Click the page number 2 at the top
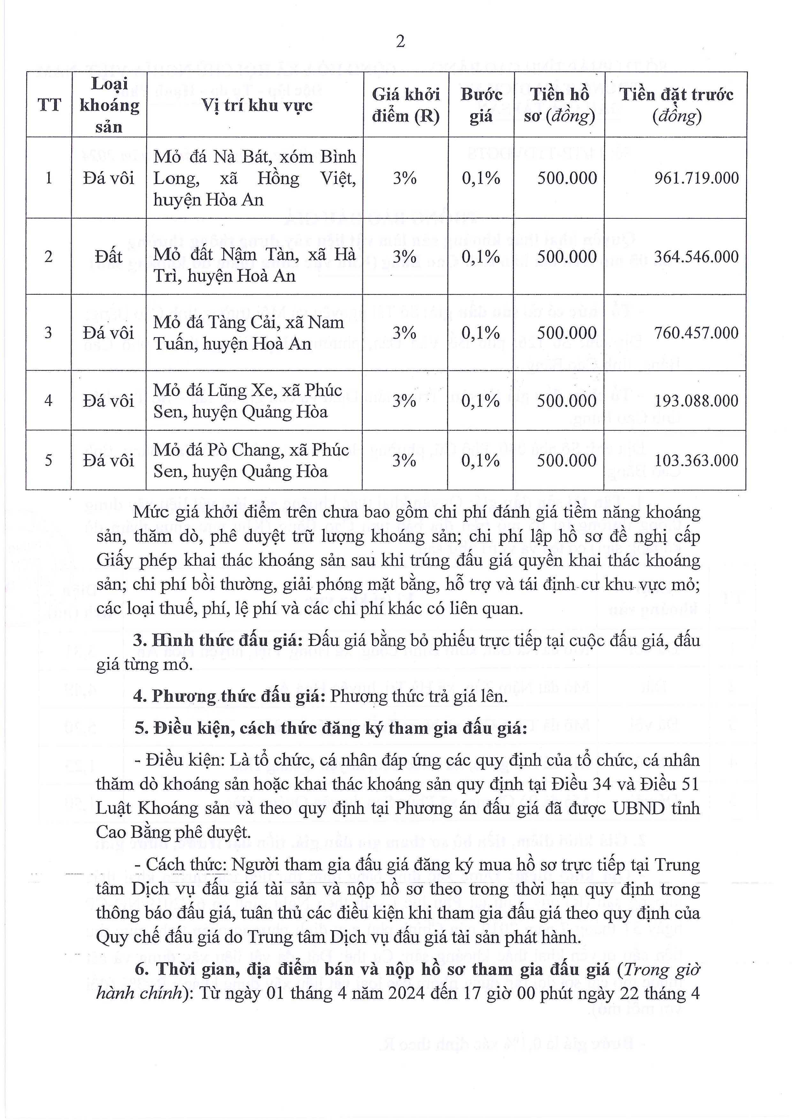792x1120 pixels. pyautogui.click(x=400, y=42)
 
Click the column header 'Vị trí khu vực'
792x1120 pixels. pyautogui.click(x=257, y=105)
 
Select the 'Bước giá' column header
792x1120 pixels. pyautogui.click(x=481, y=105)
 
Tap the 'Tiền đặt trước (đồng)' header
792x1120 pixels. pyautogui.click(x=676, y=105)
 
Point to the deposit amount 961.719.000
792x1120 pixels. pyautogui.click(x=697, y=178)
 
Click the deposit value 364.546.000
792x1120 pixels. pyautogui.click(x=697, y=257)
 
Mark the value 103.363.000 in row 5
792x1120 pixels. pyautogui.click(x=697, y=460)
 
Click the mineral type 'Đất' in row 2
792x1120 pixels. pyautogui.click(x=109, y=257)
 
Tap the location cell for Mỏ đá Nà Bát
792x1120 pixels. pyautogui.click(x=254, y=178)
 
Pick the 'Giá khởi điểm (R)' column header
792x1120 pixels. pyautogui.click(x=406, y=105)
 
